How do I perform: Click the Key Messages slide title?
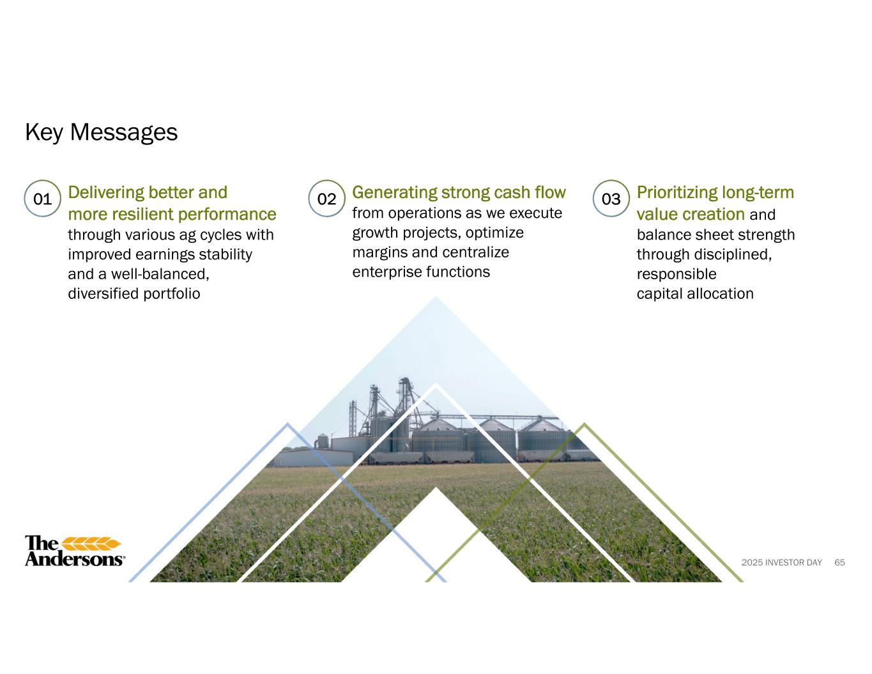pyautogui.click(x=101, y=132)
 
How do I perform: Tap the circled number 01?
pyautogui.click(x=43, y=199)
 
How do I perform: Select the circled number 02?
pyautogui.click(x=326, y=199)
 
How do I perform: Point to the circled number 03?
pyautogui.click(x=611, y=199)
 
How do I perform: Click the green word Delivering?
pyautogui.click(x=106, y=193)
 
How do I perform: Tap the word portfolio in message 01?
pyautogui.click(x=171, y=294)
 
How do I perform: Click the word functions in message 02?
pyautogui.click(x=458, y=272)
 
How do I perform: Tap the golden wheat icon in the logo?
pyautogui.click(x=91, y=544)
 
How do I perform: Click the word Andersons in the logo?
pyautogui.click(x=74, y=559)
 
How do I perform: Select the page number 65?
pyautogui.click(x=839, y=562)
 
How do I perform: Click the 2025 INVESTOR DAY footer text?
pyautogui.click(x=782, y=562)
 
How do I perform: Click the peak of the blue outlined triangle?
pyautogui.click(x=287, y=424)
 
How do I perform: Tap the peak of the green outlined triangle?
pyautogui.click(x=585, y=424)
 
